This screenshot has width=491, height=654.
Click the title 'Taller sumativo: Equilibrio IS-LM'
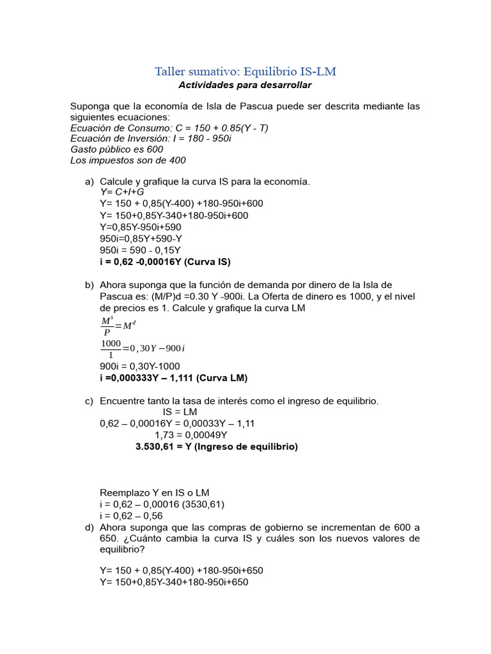(x=245, y=71)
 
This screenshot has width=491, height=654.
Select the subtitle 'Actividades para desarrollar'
(x=245, y=85)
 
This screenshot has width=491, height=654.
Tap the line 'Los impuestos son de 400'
(x=128, y=160)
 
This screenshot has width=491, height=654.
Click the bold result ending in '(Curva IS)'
(x=165, y=262)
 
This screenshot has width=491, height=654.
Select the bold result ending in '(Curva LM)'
(x=173, y=377)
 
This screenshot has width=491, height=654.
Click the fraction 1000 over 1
(x=111, y=348)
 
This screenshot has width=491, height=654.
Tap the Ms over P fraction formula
(x=106, y=325)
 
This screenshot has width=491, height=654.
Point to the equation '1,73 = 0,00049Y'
(x=191, y=435)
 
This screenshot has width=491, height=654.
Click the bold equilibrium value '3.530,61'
(x=158, y=447)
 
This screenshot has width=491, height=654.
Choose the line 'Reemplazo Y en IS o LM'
(x=155, y=492)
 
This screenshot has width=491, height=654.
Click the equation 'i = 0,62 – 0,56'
(x=131, y=516)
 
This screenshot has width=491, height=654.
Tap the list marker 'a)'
(x=90, y=181)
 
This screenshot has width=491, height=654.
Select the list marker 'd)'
(x=90, y=528)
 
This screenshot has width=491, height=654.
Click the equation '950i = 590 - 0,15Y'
(x=140, y=250)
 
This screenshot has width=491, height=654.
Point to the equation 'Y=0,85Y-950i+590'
(x=140, y=227)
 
